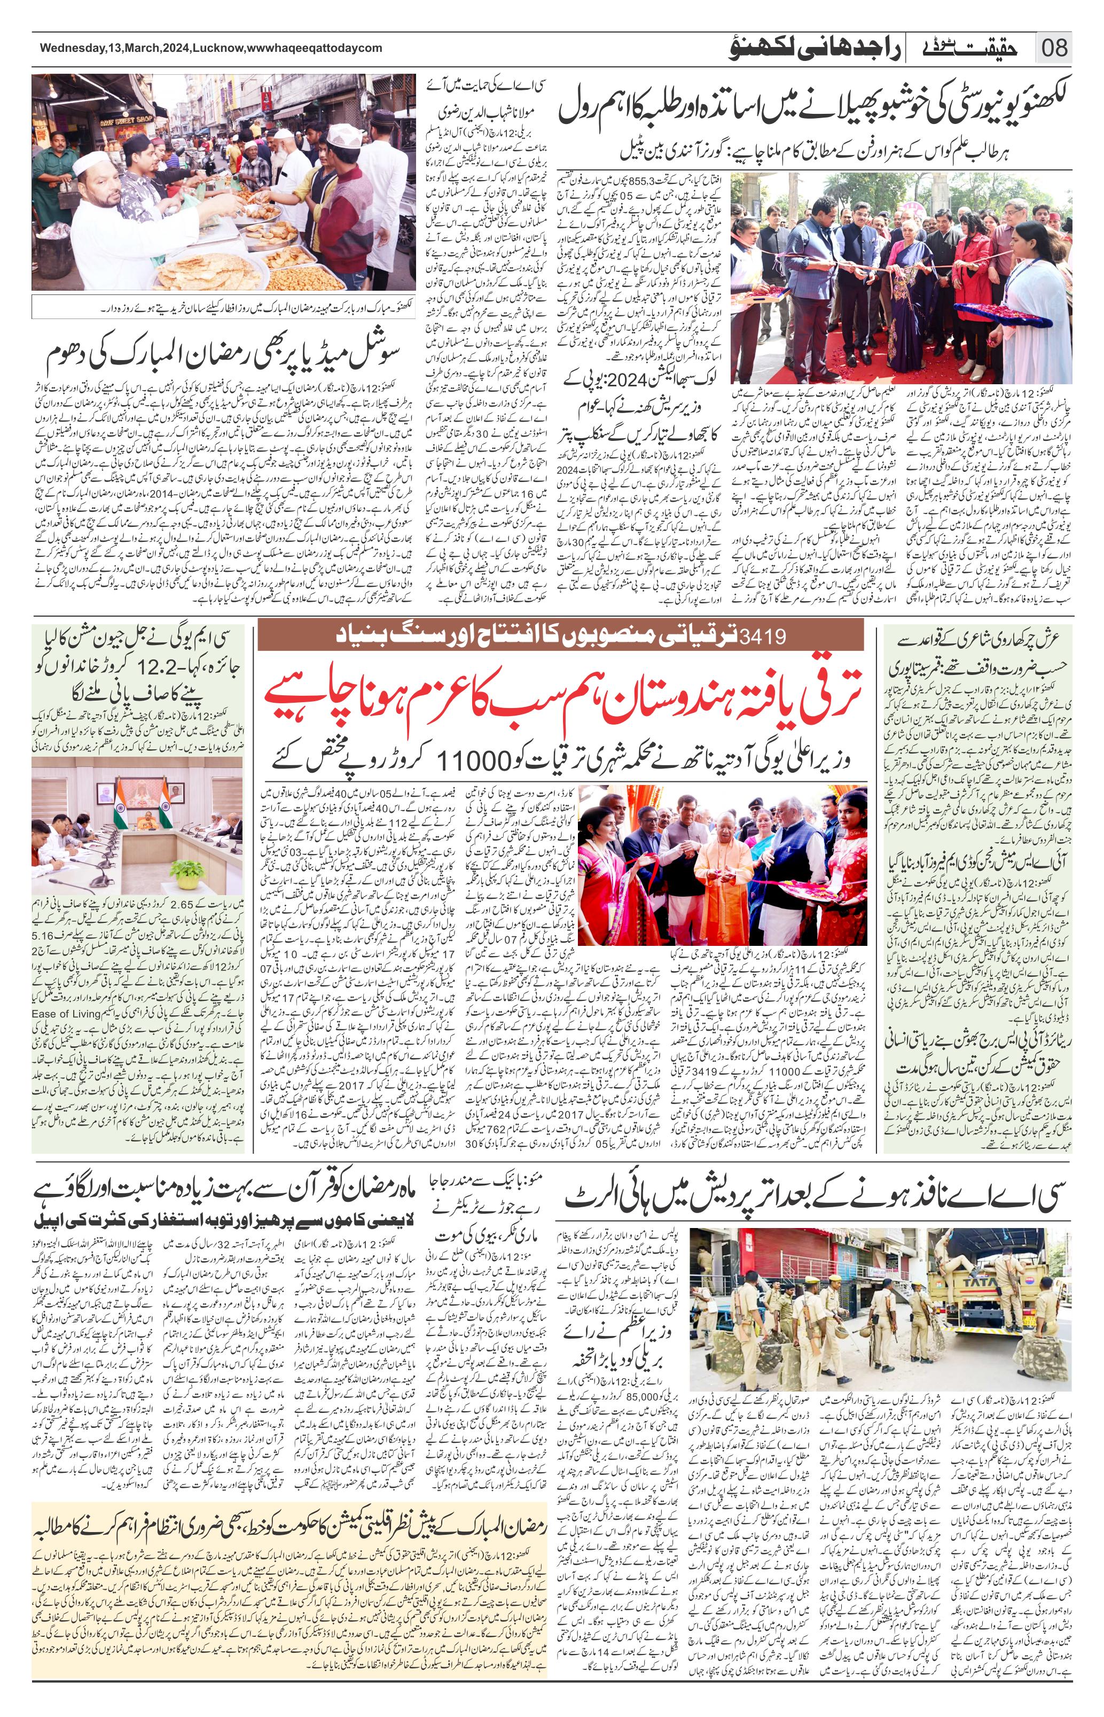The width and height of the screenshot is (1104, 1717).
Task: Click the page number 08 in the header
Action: click(1054, 48)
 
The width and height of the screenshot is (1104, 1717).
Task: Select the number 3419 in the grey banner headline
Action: click(764, 635)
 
